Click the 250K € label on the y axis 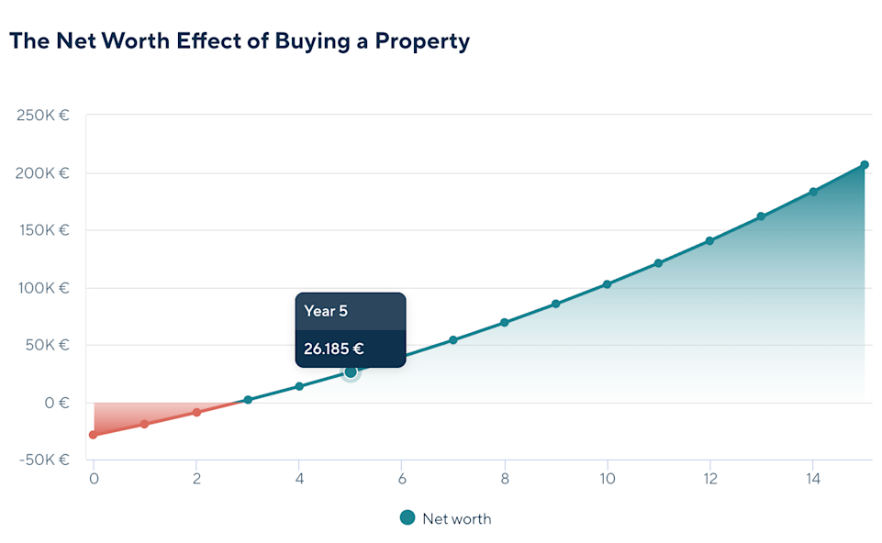43,116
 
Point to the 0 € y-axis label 57,403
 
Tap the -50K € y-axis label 43,460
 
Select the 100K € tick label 43,288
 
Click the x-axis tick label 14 811,479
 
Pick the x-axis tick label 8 504,479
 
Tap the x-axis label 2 196,479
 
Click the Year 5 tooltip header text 326,311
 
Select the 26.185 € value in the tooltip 334,349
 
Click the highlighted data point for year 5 351,371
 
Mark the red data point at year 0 93,435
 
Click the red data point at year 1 144,424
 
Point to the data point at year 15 864,165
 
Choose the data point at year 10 607,284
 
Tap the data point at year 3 248,400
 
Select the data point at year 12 709,241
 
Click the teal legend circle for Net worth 408,518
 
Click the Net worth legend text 456,519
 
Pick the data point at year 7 452,340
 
